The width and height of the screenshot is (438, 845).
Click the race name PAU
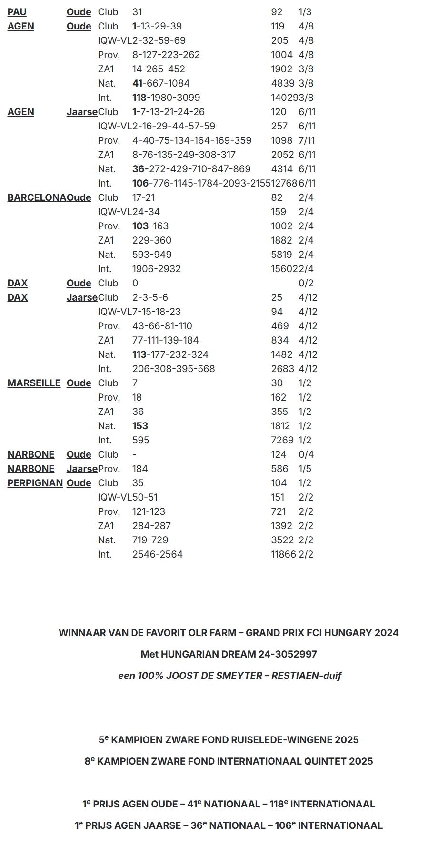click(17, 12)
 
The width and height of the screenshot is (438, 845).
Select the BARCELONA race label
click(37, 197)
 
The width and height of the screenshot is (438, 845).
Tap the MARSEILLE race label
click(34, 383)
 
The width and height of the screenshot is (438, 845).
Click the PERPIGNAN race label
click(35, 483)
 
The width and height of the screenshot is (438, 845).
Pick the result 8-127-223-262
click(166, 55)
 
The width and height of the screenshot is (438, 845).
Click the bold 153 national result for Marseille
click(140, 426)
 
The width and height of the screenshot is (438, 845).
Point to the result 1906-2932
click(157, 269)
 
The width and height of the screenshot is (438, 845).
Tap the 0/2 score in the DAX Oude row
click(306, 283)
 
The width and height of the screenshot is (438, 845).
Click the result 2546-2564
click(158, 554)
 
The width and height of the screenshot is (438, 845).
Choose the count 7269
click(282, 440)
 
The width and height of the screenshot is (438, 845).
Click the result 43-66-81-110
click(162, 326)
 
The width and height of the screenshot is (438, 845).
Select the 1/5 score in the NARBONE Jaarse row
click(305, 469)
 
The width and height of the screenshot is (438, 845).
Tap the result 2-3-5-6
click(150, 297)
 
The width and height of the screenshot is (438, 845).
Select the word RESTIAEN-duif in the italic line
click(306, 676)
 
